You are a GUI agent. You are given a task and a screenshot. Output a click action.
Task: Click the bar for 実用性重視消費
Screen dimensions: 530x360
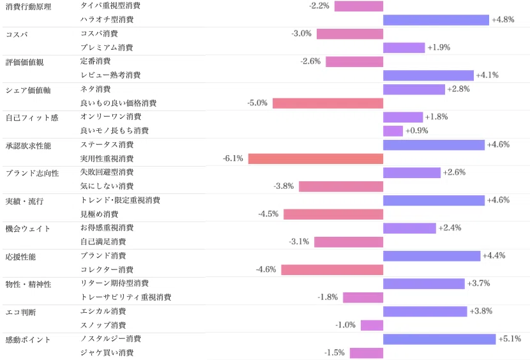point(315,158)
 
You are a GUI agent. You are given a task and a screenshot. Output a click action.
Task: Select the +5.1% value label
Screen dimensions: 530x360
point(510,339)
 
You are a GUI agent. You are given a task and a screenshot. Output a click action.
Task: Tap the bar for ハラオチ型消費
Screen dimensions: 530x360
point(436,20)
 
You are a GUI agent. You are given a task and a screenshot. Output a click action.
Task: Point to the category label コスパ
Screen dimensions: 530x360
point(17,34)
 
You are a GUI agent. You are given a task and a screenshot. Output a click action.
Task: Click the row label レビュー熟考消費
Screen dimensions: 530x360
point(110,75)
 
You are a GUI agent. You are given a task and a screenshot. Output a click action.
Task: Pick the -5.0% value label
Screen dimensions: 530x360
point(257,103)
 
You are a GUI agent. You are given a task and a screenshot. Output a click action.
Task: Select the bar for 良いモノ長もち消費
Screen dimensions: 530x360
point(393,131)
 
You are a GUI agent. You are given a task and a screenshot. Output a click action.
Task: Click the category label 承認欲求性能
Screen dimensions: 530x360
point(28,146)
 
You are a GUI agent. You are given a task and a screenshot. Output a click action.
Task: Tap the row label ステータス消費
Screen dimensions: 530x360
point(107,145)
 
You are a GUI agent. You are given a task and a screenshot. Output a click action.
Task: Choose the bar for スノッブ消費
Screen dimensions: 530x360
point(372,325)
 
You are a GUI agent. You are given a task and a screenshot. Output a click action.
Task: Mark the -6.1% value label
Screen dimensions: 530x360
point(233,158)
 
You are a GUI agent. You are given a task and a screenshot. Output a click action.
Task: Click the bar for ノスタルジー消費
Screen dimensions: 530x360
point(439,339)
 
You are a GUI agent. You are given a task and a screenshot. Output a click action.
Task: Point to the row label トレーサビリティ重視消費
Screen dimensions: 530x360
point(126,297)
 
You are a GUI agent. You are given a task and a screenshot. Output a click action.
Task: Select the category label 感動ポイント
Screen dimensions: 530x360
point(28,340)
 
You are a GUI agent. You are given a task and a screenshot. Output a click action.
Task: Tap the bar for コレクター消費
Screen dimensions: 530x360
point(332,270)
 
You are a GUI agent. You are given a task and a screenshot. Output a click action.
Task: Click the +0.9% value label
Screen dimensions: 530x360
point(417,130)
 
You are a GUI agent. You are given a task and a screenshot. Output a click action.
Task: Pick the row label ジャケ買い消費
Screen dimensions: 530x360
point(107,352)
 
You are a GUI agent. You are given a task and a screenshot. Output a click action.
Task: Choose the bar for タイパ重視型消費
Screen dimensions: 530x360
point(359,6)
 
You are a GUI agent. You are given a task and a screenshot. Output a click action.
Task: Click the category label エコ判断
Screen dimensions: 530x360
point(20,312)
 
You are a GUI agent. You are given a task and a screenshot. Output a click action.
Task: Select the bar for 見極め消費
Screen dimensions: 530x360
point(333,214)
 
